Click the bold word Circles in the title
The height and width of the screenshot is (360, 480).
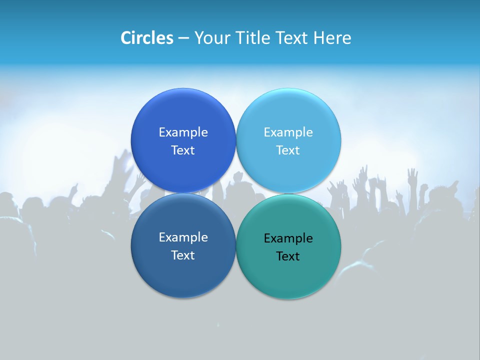click(x=146, y=38)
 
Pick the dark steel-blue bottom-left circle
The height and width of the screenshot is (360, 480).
click(x=183, y=275)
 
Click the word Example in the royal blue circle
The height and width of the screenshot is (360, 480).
click(x=183, y=132)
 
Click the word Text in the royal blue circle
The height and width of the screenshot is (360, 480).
click(x=183, y=150)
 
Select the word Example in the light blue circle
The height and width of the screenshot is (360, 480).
click(x=288, y=132)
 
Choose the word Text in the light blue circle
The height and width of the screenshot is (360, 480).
click(x=288, y=150)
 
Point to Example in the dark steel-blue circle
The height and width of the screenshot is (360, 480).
click(x=183, y=237)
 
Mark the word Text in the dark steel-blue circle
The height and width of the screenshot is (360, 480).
click(x=183, y=255)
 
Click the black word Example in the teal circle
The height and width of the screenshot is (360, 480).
click(x=288, y=238)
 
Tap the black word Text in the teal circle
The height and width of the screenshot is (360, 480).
click(x=288, y=256)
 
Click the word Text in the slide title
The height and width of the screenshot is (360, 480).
click(x=292, y=38)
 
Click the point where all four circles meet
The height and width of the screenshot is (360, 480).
click(x=236, y=193)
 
